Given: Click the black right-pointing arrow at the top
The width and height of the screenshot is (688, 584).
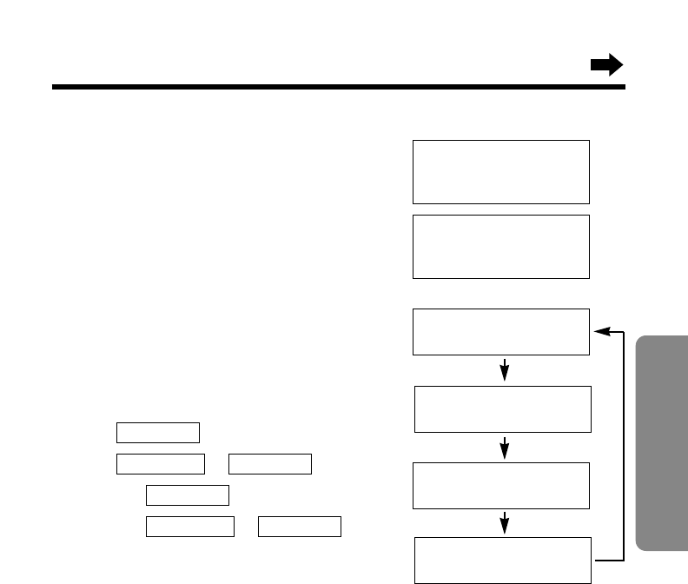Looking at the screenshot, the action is (606, 65).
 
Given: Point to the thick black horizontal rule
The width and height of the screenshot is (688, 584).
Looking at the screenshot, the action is (339, 88).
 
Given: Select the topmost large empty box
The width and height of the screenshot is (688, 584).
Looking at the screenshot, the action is (501, 171).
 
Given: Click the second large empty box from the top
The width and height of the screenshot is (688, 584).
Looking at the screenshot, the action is (501, 247).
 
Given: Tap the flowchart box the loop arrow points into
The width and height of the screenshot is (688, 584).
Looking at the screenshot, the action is (501, 331).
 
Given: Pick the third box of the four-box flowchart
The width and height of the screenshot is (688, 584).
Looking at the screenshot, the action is (502, 485).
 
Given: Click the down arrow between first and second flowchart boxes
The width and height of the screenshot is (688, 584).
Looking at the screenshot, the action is (505, 370).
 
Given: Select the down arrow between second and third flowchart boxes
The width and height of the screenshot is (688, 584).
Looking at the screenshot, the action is (505, 448).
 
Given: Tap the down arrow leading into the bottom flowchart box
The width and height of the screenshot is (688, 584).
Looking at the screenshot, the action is (505, 523).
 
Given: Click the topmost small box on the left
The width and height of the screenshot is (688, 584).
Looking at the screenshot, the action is (158, 433).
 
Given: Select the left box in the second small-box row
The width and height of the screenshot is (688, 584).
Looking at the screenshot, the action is (160, 463).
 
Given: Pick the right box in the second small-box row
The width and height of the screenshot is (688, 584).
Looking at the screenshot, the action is (269, 463).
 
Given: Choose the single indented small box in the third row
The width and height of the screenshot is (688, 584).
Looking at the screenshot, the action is (188, 495).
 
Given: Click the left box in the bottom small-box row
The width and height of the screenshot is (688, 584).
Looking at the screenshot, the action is (189, 526).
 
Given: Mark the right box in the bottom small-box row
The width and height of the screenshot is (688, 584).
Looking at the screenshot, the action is (300, 526).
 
